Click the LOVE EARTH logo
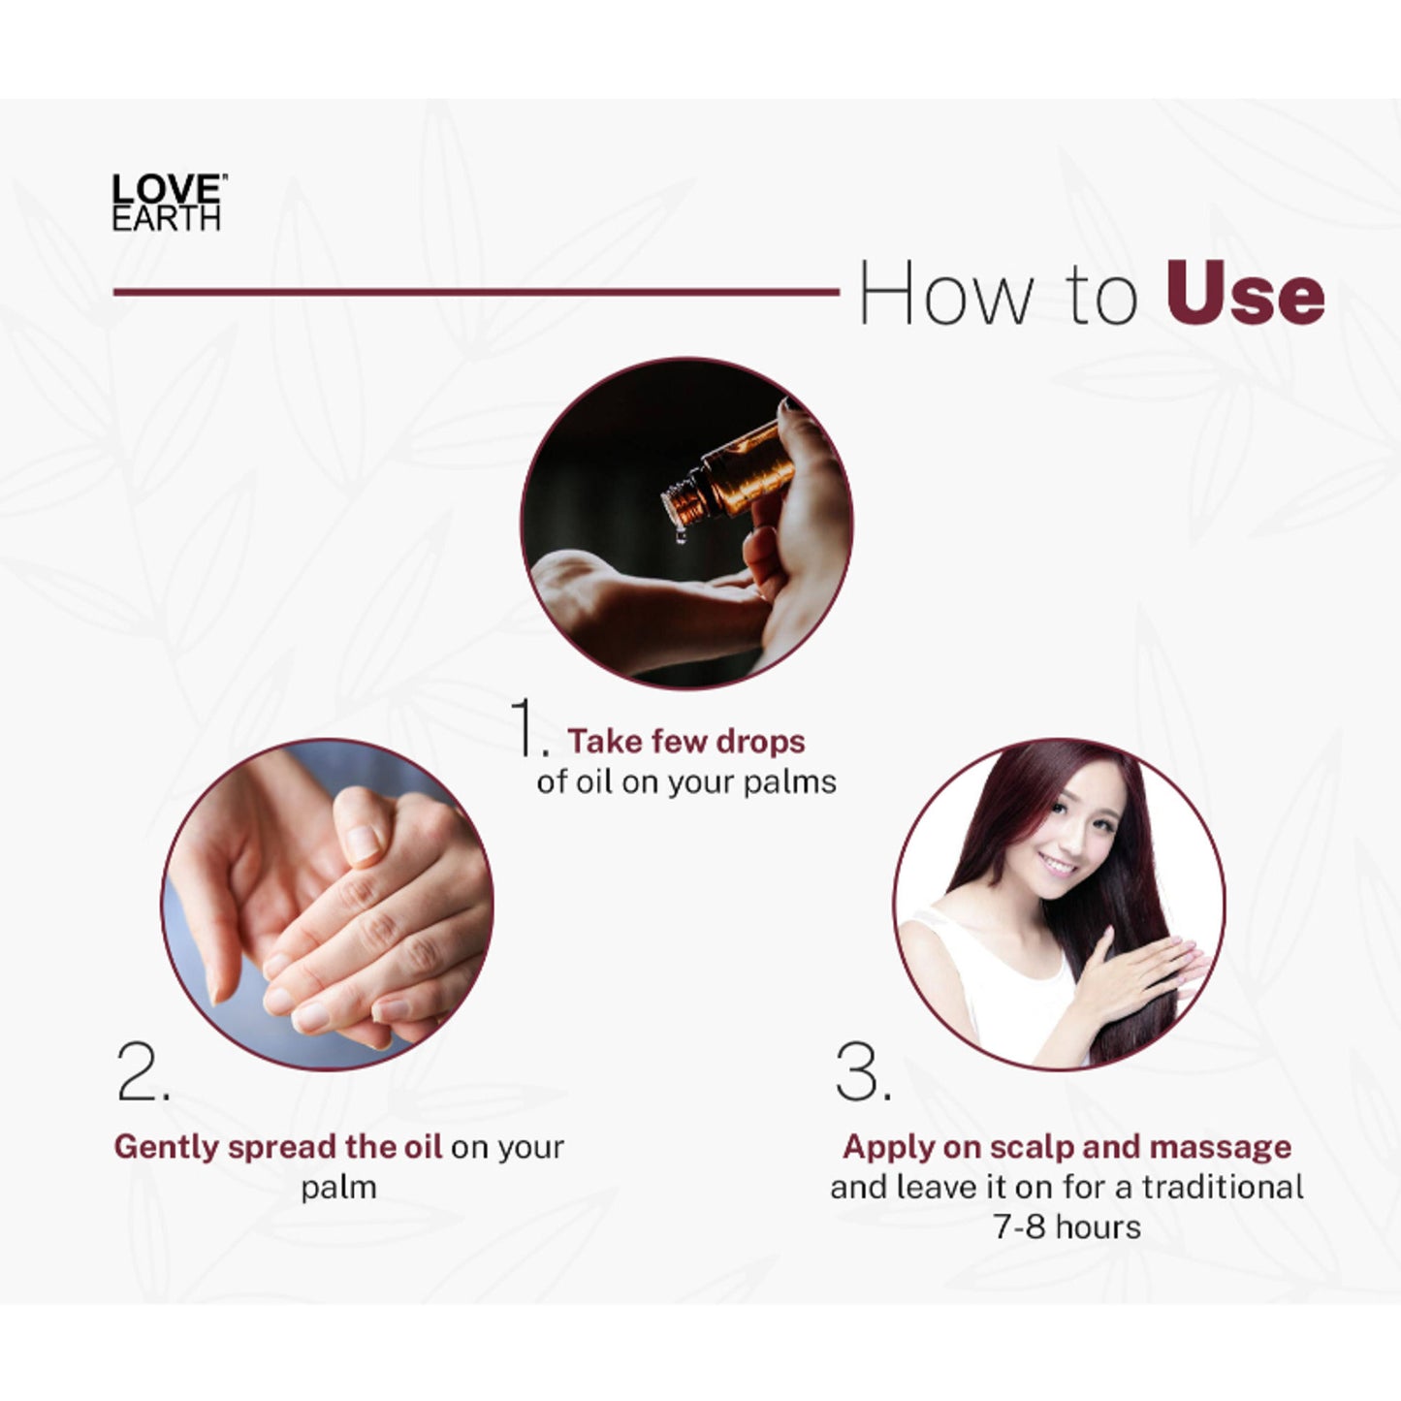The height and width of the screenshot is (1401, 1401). (x=169, y=202)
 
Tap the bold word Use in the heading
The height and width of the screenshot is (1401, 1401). (x=1246, y=294)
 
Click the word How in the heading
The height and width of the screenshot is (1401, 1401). (x=946, y=294)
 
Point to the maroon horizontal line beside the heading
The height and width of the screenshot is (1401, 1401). (x=476, y=292)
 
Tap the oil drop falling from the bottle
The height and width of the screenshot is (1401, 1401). (x=681, y=536)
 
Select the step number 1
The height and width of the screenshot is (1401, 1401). (x=527, y=726)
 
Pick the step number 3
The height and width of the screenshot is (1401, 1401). (x=862, y=1072)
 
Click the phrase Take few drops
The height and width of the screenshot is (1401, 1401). (x=686, y=741)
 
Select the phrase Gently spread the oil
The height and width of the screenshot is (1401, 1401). (x=277, y=1147)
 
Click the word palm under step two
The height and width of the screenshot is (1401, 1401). (x=338, y=1189)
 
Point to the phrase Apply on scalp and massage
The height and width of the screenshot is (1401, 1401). (x=1067, y=1147)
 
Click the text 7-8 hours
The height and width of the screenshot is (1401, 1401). (x=1067, y=1227)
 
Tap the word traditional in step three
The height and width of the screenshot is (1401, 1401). (x=1223, y=1187)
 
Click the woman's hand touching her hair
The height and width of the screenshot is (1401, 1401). (x=1133, y=974)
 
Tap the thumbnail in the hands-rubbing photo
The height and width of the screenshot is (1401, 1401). (x=362, y=844)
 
